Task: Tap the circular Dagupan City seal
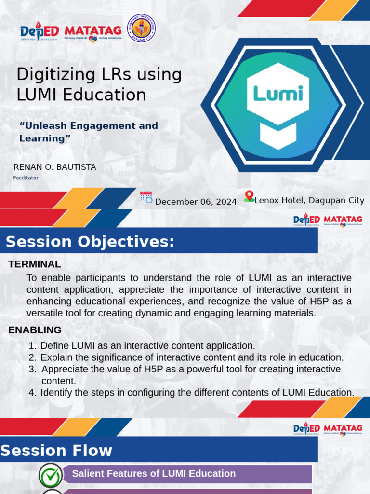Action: [141, 28]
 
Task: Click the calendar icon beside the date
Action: [146, 197]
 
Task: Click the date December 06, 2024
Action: [196, 202]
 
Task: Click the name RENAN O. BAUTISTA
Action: [55, 167]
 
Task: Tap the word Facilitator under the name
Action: [26, 178]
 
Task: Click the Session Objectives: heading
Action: [90, 242]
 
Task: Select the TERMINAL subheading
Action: [35, 264]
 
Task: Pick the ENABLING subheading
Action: [35, 330]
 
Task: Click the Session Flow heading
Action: [56, 451]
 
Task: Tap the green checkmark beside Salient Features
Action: [51, 475]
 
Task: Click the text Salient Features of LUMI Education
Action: [154, 474]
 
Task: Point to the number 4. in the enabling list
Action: [32, 392]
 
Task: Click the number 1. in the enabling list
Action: [32, 345]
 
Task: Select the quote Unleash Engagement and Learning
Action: [89, 132]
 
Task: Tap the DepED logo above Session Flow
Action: [306, 429]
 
